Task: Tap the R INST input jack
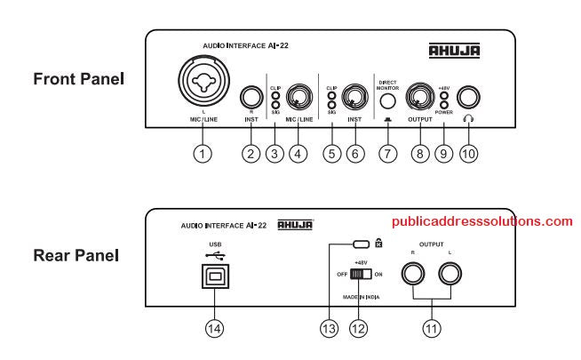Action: (251, 97)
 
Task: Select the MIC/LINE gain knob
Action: (300, 97)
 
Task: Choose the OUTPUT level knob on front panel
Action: (418, 96)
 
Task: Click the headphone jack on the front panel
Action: (468, 97)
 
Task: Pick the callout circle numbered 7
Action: (386, 153)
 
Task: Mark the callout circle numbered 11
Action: (431, 326)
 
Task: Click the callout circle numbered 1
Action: (204, 153)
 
